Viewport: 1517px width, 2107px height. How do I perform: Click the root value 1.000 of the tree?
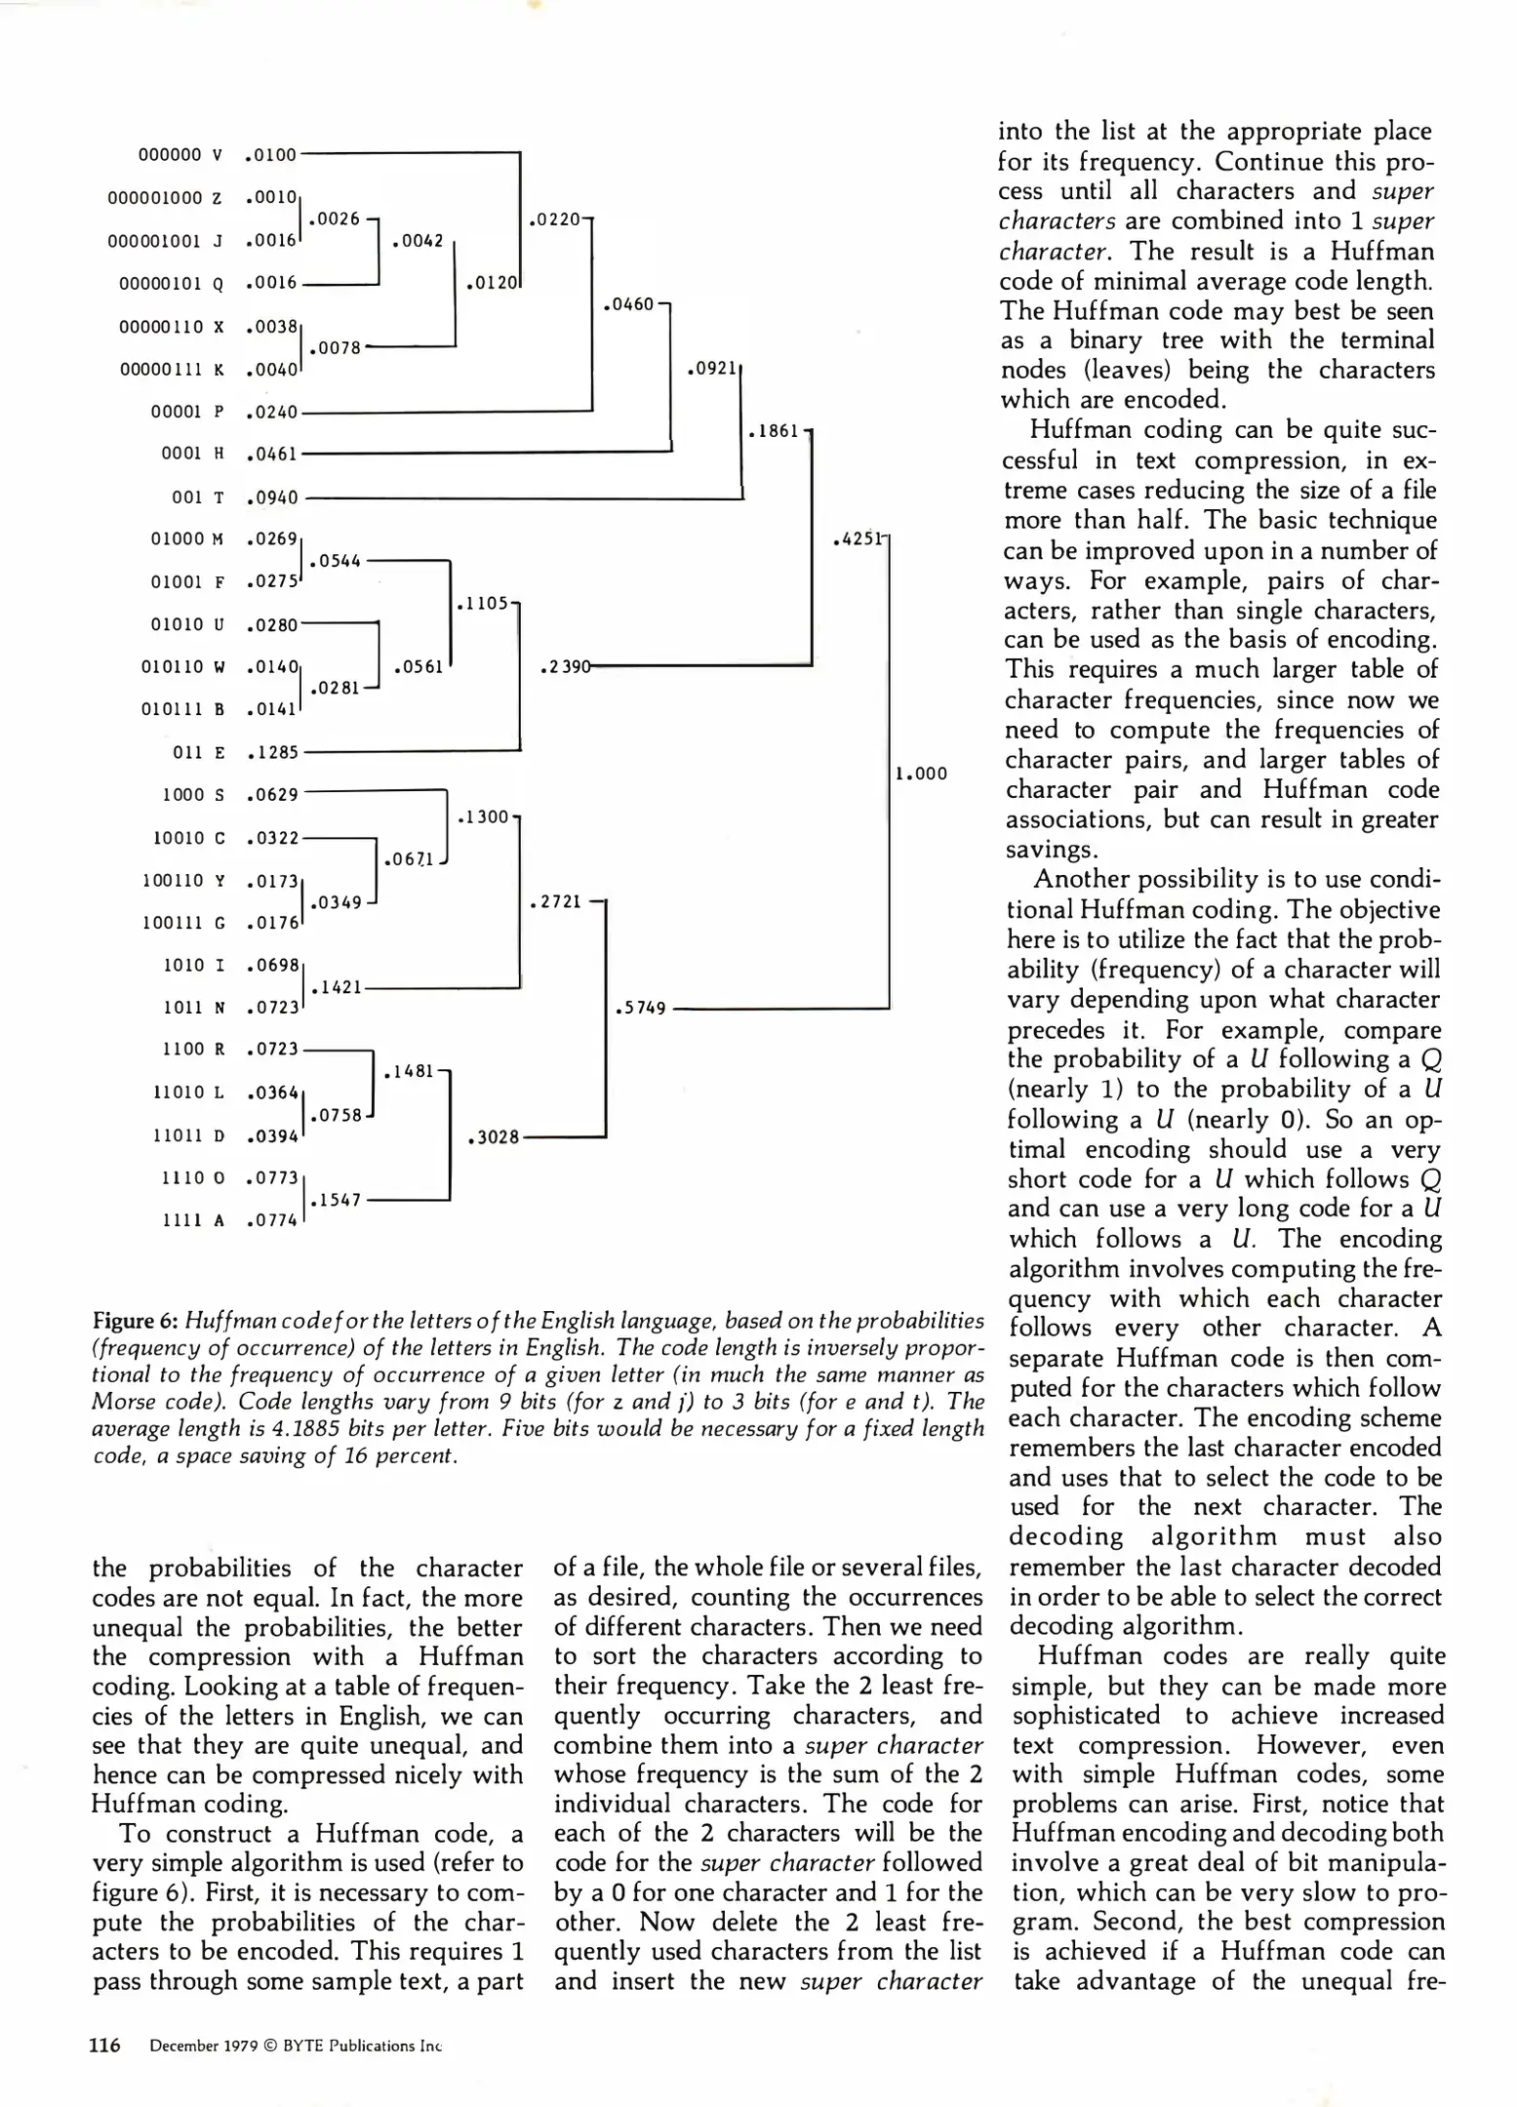pyautogui.click(x=921, y=774)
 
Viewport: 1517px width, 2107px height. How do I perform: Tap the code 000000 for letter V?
pyautogui.click(x=170, y=154)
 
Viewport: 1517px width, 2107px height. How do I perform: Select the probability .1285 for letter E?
pyautogui.click(x=272, y=752)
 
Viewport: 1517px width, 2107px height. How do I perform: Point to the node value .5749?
pyautogui.click(x=641, y=1008)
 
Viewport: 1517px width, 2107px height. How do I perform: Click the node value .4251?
pyautogui.click(x=858, y=539)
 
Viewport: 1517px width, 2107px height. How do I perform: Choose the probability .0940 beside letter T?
pyautogui.click(x=272, y=497)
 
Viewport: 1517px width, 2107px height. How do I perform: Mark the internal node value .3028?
pyautogui.click(x=494, y=1136)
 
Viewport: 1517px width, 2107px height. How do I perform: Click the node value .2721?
pyautogui.click(x=555, y=902)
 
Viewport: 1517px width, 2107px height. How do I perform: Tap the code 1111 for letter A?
pyautogui.click(x=181, y=1220)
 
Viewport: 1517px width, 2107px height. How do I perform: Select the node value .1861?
pyautogui.click(x=774, y=431)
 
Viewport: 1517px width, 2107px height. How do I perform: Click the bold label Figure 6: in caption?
pyautogui.click(x=136, y=1321)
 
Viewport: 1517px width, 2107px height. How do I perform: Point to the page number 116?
pyautogui.click(x=105, y=2046)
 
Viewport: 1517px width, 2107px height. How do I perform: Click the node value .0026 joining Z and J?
pyautogui.click(x=335, y=219)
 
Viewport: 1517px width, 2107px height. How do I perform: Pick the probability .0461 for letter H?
pyautogui.click(x=272, y=454)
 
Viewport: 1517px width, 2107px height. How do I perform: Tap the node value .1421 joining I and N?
pyautogui.click(x=337, y=987)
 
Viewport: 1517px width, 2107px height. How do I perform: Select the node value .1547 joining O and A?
pyautogui.click(x=337, y=1200)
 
